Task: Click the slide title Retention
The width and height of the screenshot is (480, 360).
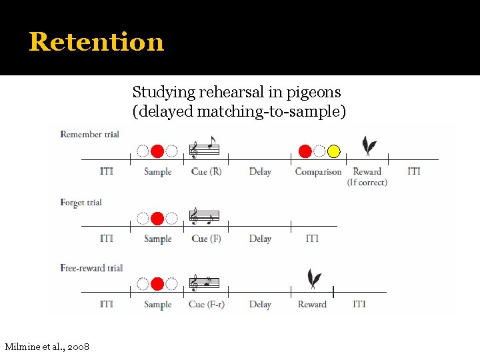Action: tap(96, 41)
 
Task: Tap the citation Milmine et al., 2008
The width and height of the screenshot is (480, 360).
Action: tap(47, 347)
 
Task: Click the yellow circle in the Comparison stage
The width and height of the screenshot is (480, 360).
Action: tap(334, 151)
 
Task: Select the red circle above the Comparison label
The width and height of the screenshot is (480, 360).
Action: tap(305, 151)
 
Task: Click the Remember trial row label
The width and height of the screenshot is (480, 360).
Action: tap(89, 134)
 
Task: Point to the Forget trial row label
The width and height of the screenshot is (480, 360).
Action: tap(81, 202)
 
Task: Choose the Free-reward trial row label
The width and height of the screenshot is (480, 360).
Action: tap(91, 268)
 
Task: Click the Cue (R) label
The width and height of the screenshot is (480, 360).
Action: tap(206, 172)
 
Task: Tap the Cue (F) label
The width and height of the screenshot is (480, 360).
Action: tap(206, 239)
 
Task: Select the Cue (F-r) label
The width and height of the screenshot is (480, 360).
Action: tap(206, 305)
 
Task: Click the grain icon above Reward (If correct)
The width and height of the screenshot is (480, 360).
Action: tap(367, 146)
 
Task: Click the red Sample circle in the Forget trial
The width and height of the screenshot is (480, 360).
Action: tap(157, 218)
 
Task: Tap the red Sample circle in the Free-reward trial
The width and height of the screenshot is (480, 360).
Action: tap(157, 284)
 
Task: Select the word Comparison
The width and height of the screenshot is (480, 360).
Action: tap(318, 172)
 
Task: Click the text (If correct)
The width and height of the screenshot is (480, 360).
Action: tap(367, 183)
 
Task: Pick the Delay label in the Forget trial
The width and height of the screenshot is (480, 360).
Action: tap(260, 239)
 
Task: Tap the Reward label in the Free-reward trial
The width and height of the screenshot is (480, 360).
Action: tap(312, 305)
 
